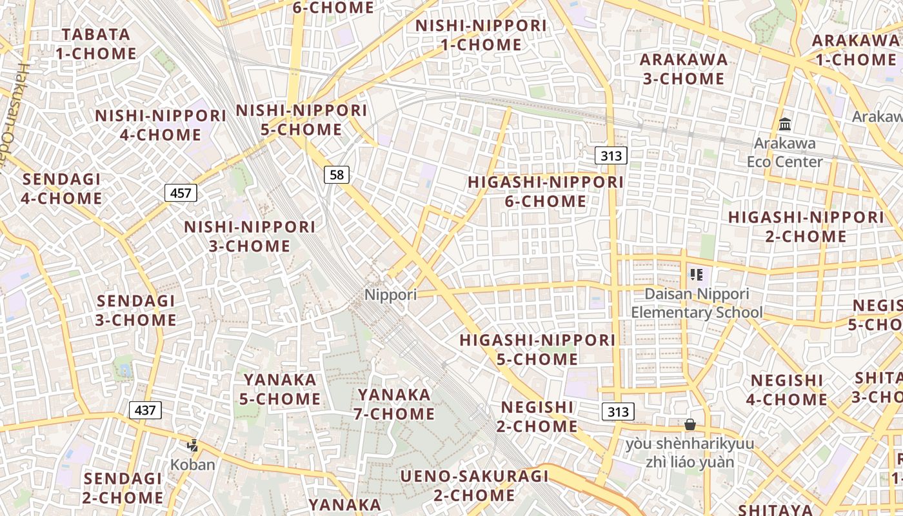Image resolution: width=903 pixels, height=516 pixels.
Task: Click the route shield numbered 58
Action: tap(337, 174)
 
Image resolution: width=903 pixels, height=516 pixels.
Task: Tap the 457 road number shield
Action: tap(181, 192)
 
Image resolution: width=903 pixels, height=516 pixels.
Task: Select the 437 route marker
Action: tap(145, 410)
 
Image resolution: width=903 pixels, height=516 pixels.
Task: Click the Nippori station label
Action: tap(391, 295)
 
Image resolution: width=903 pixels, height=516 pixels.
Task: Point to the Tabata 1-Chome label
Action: tap(96, 44)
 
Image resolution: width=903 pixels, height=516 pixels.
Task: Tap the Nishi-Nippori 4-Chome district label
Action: tap(161, 125)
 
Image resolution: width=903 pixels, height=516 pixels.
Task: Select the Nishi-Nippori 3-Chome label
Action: tap(250, 236)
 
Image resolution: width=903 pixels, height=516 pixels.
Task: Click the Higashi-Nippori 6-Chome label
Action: tap(546, 192)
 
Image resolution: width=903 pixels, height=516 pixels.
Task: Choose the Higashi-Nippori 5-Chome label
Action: tap(537, 349)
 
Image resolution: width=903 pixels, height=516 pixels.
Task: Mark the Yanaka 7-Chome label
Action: tap(394, 404)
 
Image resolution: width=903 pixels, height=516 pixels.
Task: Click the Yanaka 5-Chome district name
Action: tap(280, 389)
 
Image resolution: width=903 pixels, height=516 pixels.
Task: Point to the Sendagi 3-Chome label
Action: tap(136, 310)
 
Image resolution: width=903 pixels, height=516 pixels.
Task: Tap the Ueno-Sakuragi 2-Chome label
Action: tap(474, 486)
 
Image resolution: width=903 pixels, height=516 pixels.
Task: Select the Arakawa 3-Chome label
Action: tap(683, 69)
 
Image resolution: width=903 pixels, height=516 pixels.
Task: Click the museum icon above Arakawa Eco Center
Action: tap(785, 124)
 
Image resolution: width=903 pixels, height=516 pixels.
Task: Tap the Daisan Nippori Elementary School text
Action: tap(697, 303)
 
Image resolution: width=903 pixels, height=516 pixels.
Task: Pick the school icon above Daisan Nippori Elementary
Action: tap(696, 275)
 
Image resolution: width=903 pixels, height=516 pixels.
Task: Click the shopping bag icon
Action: tap(690, 424)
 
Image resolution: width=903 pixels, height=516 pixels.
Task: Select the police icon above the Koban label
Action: tap(192, 445)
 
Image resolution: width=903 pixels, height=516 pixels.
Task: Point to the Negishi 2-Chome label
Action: tap(537, 416)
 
